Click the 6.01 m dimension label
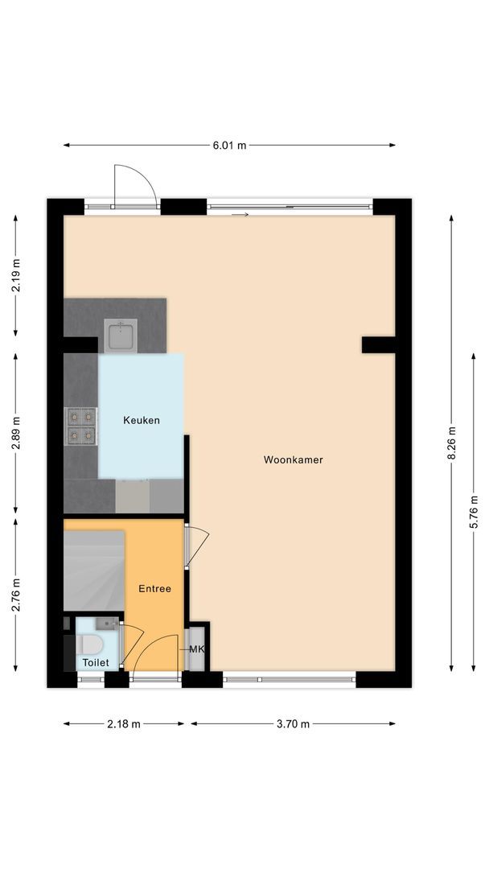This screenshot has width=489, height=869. (x=229, y=146)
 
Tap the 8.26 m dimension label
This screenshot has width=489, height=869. (x=451, y=443)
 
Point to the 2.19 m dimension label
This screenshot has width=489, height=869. (x=16, y=276)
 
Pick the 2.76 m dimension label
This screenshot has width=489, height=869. (x=16, y=595)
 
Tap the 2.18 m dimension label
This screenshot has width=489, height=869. (x=124, y=724)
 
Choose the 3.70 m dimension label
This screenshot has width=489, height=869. (x=293, y=724)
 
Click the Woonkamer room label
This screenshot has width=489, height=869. (x=293, y=460)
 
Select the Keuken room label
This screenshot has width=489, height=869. (x=142, y=420)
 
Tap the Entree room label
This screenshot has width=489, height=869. (x=154, y=589)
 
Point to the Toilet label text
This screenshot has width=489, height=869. (x=94, y=662)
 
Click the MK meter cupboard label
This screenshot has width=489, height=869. (x=195, y=649)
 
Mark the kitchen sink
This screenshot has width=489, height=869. (x=121, y=335)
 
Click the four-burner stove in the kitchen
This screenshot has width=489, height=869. (x=81, y=426)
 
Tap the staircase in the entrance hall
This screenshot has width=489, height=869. (x=94, y=570)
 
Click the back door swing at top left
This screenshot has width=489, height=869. (x=134, y=187)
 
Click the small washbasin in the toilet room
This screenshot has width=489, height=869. (x=106, y=623)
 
